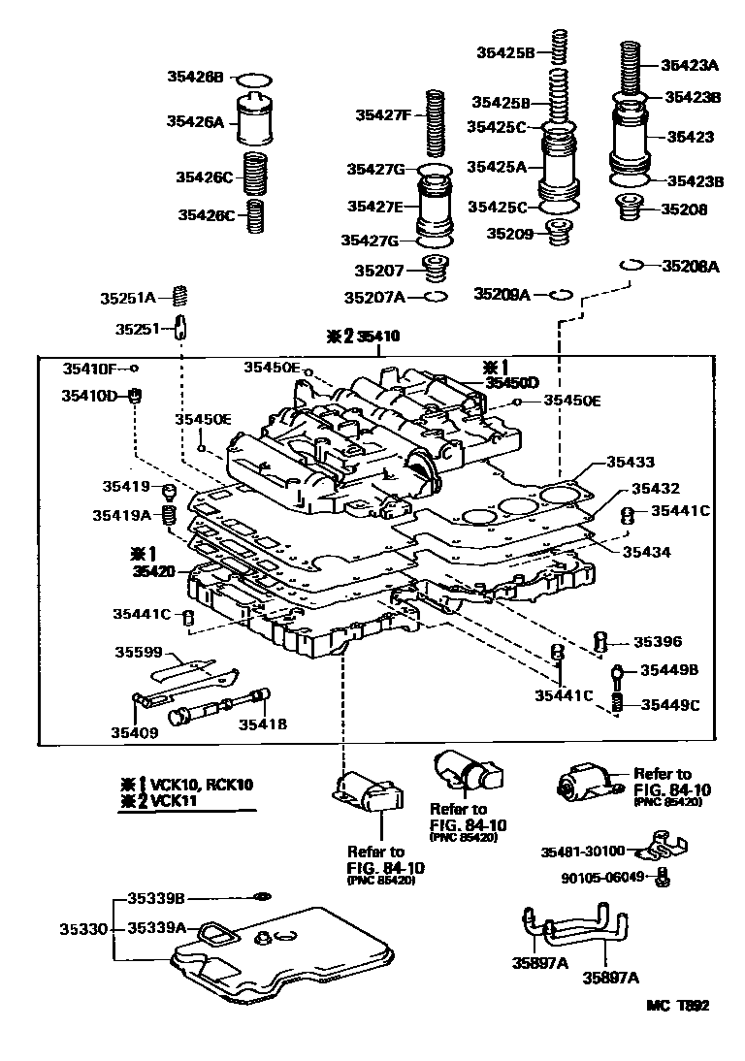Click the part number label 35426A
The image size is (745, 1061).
(194, 121)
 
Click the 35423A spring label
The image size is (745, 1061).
(690, 66)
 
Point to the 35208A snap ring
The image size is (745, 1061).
(632, 265)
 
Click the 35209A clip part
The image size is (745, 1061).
(560, 294)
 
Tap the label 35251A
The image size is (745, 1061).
(128, 299)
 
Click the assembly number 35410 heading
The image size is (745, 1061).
(377, 337)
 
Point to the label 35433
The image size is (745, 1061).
(631, 464)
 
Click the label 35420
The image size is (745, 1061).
(154, 571)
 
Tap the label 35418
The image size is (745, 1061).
(263, 723)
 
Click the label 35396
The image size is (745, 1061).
(658, 641)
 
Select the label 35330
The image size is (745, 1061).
(84, 928)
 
